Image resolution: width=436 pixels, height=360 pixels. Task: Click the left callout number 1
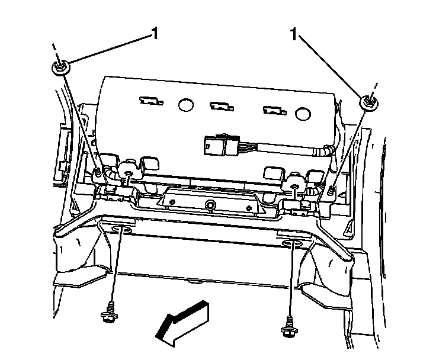[x=155, y=34]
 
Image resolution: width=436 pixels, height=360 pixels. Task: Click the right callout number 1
[x=293, y=34]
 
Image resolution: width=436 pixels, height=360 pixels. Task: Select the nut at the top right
[x=368, y=102]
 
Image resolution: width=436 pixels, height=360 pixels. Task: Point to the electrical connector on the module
[x=219, y=143]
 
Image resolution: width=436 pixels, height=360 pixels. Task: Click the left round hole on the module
[x=186, y=105]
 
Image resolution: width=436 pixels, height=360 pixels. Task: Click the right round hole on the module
[x=303, y=112]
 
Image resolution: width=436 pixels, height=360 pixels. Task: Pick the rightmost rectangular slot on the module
[x=274, y=110]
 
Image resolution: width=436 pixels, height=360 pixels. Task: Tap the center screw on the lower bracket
[x=210, y=205]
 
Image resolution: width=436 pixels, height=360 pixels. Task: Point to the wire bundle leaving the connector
[x=284, y=149]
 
